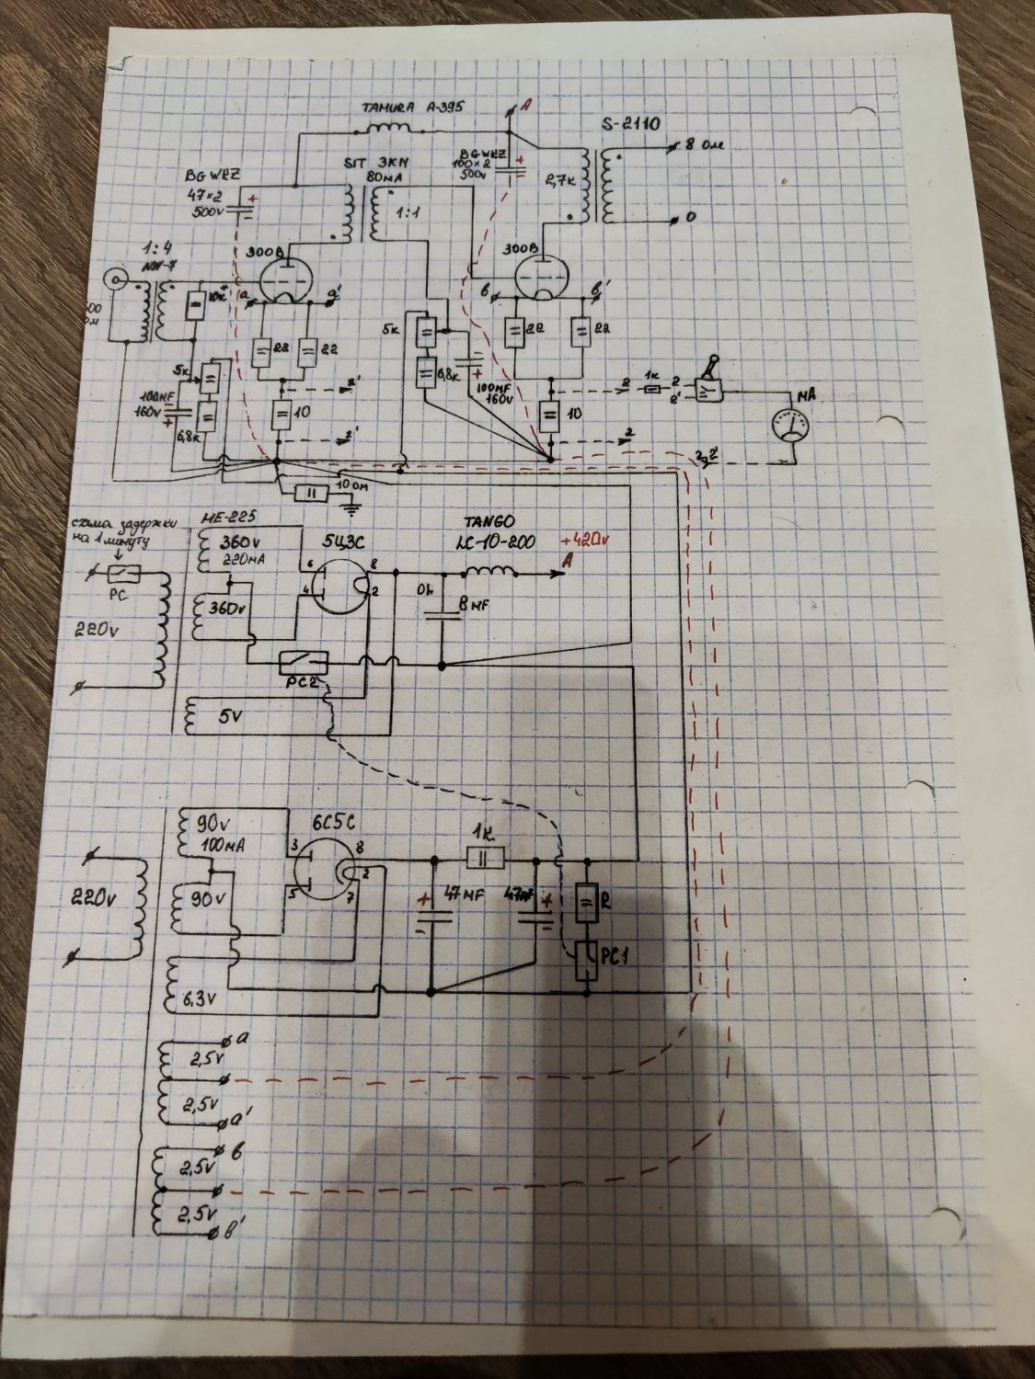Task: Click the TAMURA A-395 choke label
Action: point(410,108)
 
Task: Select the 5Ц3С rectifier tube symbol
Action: point(333,587)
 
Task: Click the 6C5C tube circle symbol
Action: point(321,871)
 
